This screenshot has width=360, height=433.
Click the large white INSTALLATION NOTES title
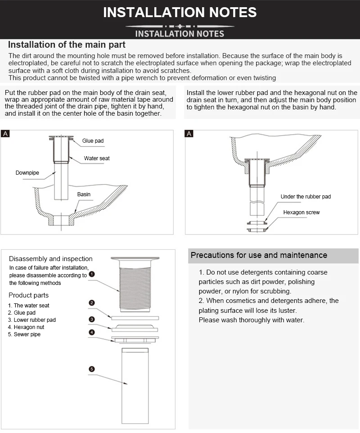point(180,12)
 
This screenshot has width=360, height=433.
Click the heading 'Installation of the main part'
point(67,45)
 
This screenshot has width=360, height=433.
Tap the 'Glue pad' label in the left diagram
point(93,141)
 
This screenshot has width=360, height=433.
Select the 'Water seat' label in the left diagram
point(97,158)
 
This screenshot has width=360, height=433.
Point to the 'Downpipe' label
point(27,173)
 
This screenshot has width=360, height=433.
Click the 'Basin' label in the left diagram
point(84,194)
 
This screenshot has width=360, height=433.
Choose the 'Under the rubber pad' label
point(306,197)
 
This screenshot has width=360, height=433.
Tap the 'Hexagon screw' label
point(301,212)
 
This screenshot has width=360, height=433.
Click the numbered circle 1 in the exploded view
point(92,274)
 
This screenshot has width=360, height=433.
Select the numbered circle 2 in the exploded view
point(92,303)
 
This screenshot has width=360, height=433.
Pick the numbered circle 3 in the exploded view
point(92,319)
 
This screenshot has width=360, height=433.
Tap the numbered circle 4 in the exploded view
point(92,332)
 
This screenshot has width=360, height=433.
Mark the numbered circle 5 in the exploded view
point(92,369)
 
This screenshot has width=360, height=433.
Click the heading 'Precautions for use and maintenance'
point(259,255)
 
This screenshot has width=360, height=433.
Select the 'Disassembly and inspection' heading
point(51,259)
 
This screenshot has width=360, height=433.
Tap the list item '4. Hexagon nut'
point(26,327)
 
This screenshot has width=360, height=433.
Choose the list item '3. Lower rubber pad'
point(31,320)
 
